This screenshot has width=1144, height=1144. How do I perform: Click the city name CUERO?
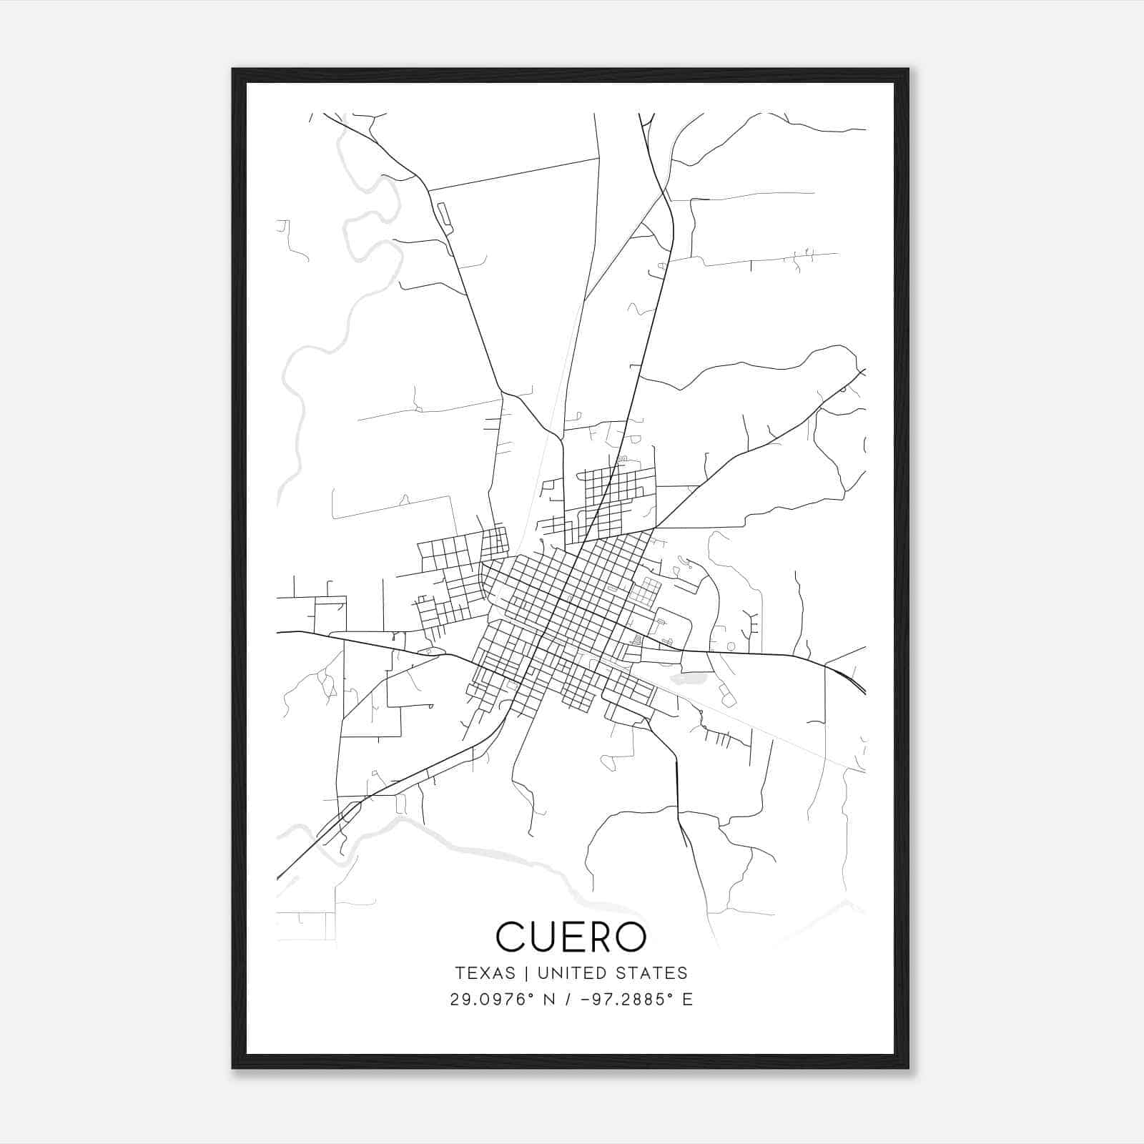[x=571, y=937]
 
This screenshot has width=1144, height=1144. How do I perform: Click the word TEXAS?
[x=485, y=973]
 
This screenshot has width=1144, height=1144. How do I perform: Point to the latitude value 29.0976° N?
[x=501, y=1000]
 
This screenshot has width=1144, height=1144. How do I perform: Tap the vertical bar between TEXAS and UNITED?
[x=526, y=973]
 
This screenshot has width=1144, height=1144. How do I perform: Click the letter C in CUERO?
[x=511, y=937]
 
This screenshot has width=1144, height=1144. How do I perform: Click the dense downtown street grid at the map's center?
[x=565, y=615]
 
